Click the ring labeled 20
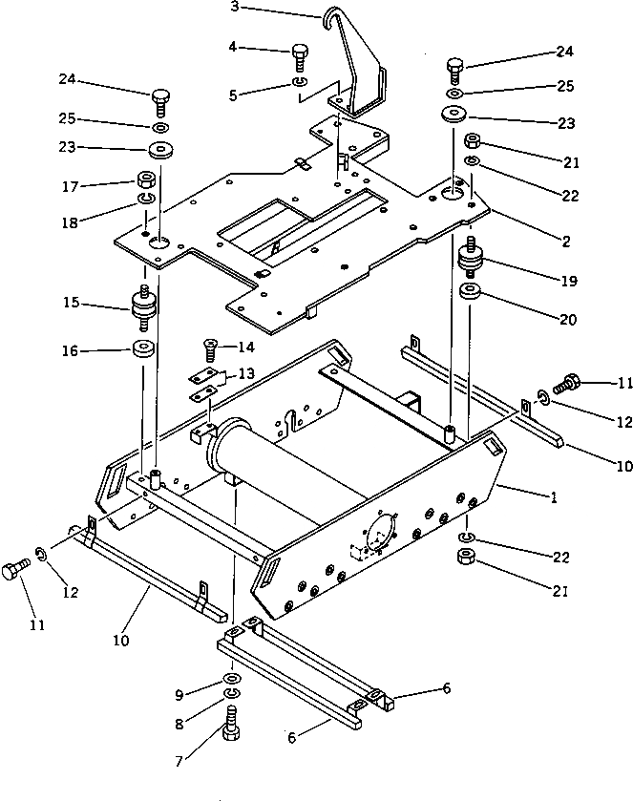(470, 291)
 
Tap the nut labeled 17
(146, 179)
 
